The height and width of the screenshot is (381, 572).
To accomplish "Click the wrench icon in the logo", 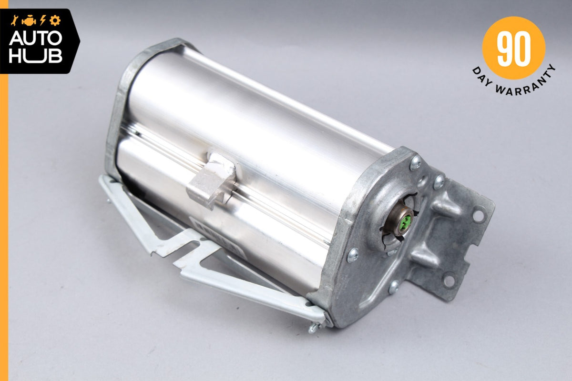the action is coord(14,20).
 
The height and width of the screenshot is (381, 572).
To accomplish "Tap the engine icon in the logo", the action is coord(29,21).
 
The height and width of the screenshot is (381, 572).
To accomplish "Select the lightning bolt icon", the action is coord(42,20).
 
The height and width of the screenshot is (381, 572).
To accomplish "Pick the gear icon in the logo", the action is coord(55,20).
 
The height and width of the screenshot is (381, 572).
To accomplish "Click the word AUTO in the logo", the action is coord(35,38).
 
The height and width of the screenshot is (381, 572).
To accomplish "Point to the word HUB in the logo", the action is coord(35,56).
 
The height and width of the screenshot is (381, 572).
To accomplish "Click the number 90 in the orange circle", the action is coord(513,48).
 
